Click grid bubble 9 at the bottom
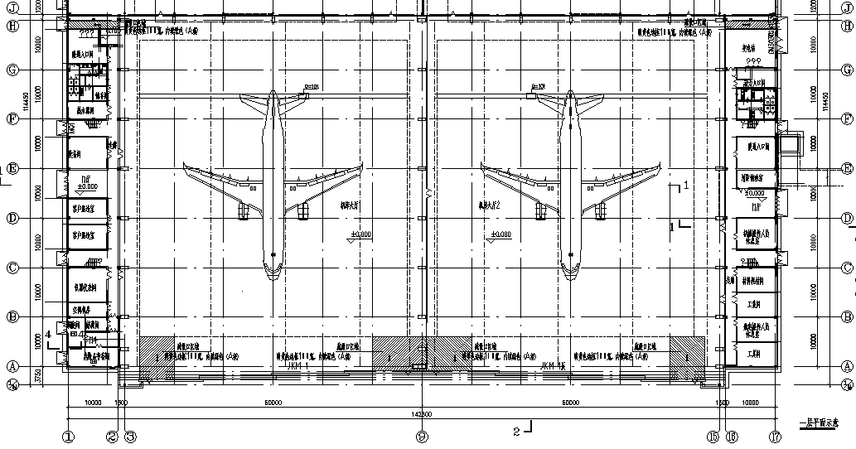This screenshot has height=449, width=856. coord(423,437)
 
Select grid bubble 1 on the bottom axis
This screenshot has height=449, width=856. coord(68,437)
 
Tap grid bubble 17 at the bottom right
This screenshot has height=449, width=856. coord(776,437)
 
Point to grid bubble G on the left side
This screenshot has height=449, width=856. coord(12,70)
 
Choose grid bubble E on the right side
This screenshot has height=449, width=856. coord(847,169)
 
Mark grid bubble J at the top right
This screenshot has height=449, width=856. coord(847,6)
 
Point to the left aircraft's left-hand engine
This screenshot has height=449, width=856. coord(244,212)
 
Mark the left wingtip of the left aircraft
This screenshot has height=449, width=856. coord(185,165)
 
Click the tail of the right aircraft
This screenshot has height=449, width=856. coord(570,98)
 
